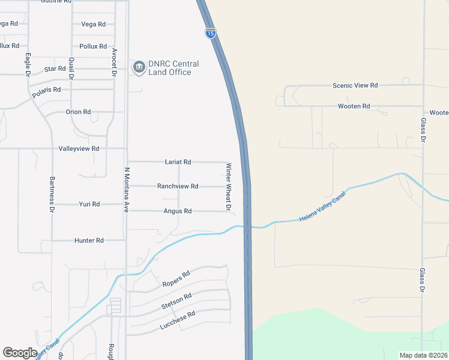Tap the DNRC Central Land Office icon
tap(139, 67)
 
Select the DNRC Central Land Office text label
tap(174, 68)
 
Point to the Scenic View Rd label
tap(355, 86)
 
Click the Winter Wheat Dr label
tap(228, 187)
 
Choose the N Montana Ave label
tap(127, 190)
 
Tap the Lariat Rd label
tap(178, 162)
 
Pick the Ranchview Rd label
tap(178, 187)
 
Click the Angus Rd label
tap(178, 211)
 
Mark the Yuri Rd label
tap(89, 205)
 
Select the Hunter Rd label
tap(89, 241)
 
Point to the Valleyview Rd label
tap(79, 148)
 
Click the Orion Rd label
tap(78, 112)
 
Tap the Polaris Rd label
tap(47, 91)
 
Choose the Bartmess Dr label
tap(52, 195)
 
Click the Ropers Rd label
tap(176, 278)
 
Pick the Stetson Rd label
tap(176, 301)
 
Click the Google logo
tap(20, 353)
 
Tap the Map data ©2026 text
tap(423, 355)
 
